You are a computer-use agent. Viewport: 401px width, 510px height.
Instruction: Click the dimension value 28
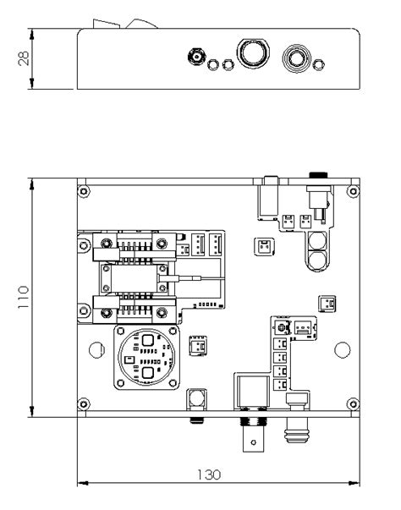(x=24, y=58)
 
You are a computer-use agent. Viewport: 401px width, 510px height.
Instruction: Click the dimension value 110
(x=24, y=297)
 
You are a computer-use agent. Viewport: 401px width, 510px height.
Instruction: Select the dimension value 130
(x=209, y=474)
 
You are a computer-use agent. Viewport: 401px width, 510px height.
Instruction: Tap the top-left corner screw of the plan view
(x=84, y=191)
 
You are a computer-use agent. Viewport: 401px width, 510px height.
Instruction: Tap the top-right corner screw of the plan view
(x=353, y=191)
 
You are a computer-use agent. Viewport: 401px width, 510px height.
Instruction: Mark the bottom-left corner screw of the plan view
(x=84, y=404)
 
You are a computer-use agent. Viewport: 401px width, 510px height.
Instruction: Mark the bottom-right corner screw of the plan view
(x=353, y=404)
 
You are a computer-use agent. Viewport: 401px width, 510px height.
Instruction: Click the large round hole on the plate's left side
(x=96, y=350)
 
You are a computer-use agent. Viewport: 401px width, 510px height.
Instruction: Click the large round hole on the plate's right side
(x=343, y=350)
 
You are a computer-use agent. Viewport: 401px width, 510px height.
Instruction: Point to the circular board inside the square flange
(x=146, y=357)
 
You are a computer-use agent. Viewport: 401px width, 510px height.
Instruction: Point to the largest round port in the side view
(x=253, y=53)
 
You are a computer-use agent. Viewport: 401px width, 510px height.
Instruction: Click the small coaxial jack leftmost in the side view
(x=197, y=57)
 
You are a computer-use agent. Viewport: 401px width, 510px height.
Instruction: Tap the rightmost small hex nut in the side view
(x=318, y=65)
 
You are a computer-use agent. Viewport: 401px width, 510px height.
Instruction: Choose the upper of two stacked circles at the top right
(x=317, y=240)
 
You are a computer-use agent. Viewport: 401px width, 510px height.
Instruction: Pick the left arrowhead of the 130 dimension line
(x=83, y=483)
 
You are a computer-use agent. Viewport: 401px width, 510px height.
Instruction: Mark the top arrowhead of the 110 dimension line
(x=31, y=184)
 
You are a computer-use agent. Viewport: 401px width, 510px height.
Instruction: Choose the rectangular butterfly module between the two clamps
(x=134, y=278)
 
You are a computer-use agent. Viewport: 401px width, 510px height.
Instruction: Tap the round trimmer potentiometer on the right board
(x=282, y=327)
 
